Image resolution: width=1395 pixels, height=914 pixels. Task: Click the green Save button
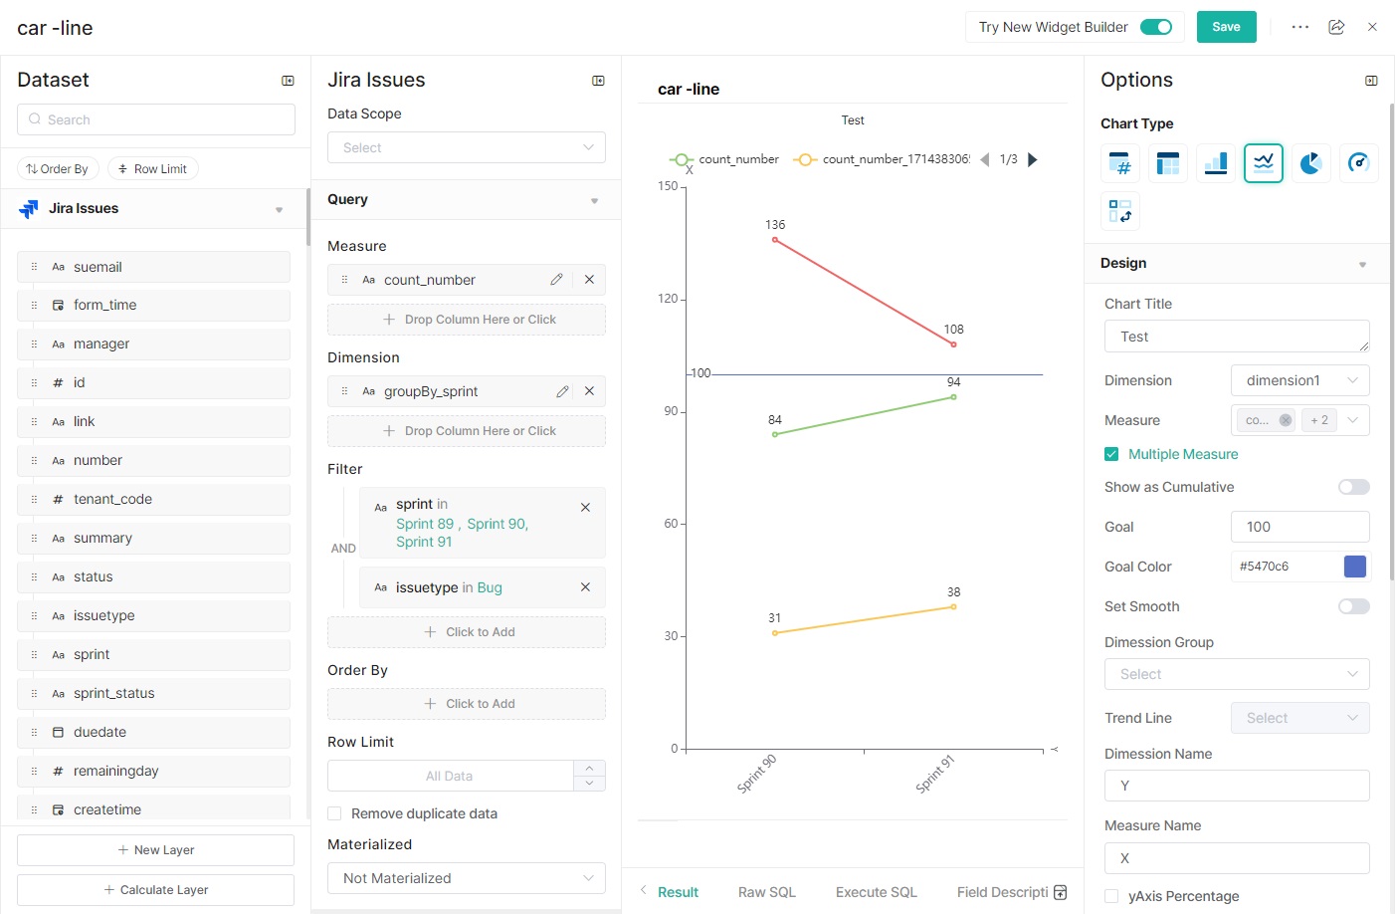pos(1226,27)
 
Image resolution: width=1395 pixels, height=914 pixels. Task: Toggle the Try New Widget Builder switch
pos(1155,27)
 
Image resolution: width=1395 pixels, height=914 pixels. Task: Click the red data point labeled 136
pos(775,240)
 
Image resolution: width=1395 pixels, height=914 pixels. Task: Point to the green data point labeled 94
pos(953,397)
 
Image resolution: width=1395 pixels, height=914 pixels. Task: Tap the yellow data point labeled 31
pos(775,633)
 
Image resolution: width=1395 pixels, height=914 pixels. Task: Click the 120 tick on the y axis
pos(668,299)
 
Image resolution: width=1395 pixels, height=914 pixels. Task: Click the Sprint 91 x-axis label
pos(935,775)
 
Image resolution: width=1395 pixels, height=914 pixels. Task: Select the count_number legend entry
pos(726,159)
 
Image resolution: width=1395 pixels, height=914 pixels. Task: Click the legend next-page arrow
pos(1033,159)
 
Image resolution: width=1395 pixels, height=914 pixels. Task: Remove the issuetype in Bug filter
pos(585,587)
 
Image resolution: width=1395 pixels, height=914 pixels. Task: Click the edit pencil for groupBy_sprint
pos(562,391)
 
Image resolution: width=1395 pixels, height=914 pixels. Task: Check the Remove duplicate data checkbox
pos(335,813)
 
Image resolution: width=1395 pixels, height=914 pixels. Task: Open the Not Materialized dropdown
pos(466,878)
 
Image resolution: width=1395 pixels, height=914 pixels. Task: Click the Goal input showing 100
pos(1299,527)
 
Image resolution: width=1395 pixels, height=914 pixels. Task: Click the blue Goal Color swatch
pos(1354,567)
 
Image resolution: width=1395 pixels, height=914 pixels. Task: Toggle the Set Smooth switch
pos(1353,606)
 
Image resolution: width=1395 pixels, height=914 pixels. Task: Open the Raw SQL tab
pos(766,892)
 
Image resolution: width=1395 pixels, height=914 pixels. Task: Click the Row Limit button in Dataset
pos(153,169)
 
